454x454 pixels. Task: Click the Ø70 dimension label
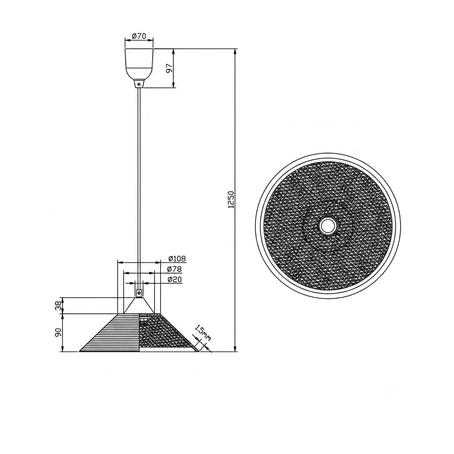coord(139,36)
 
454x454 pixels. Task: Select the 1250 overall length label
coord(231,200)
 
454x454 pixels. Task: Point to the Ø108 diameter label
coord(177,259)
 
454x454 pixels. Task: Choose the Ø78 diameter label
coord(174,269)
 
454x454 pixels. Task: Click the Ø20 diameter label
coord(174,280)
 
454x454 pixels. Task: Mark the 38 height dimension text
coord(58,306)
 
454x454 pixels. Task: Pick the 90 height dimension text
coord(58,333)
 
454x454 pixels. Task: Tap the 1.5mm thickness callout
coord(203,333)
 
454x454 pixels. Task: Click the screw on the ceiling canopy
coord(139,84)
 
